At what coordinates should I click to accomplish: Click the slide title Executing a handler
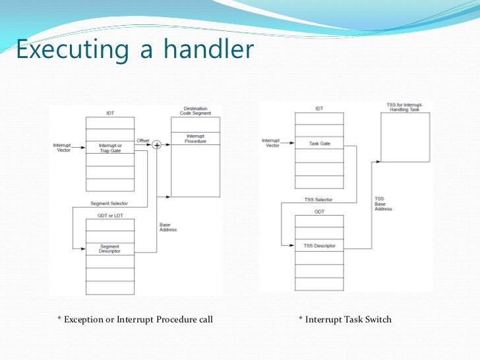pos(135,50)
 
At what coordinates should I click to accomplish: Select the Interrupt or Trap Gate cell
pos(109,148)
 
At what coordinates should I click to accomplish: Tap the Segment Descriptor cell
pos(109,250)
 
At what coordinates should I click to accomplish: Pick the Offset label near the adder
pos(142,140)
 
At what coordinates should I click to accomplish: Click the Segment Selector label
pos(109,203)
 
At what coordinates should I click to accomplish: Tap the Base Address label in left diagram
pos(168,227)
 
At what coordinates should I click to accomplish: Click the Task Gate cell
pos(319,143)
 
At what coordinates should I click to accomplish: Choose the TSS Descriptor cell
pos(319,246)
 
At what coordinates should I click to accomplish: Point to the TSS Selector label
pos(319,199)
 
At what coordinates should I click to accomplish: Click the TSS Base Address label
pos(383,203)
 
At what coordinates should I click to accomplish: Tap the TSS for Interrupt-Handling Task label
pos(405,107)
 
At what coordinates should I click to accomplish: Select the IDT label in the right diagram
pos(319,108)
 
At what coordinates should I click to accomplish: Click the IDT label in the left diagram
pos(109,113)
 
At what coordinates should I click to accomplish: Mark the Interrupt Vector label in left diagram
pos(64,147)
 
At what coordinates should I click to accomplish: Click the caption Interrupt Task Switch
pos(345,320)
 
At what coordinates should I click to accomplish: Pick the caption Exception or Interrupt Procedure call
pos(135,320)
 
